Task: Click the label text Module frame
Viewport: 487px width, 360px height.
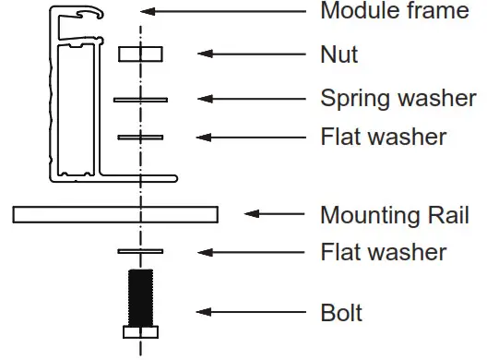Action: (x=395, y=12)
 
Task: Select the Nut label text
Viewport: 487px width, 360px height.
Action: (x=339, y=54)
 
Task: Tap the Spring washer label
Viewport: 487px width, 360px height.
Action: (x=398, y=98)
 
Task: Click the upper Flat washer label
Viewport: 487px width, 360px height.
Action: (x=383, y=138)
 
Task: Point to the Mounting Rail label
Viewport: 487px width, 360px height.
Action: (x=394, y=216)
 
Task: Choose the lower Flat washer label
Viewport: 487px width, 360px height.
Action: (x=383, y=251)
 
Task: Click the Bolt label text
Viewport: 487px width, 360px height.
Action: (x=341, y=313)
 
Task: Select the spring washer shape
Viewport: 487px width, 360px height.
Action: (x=140, y=99)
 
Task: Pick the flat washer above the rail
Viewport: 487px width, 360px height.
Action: (x=140, y=138)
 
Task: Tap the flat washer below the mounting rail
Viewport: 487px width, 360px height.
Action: (x=140, y=251)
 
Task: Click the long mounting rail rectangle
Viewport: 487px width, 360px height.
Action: (x=115, y=215)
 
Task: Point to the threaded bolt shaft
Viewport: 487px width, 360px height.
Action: (x=140, y=295)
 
